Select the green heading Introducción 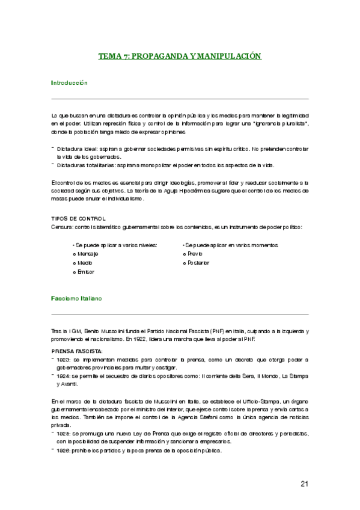pyautogui.click(x=69, y=82)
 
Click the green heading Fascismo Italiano pyautogui.click(x=76, y=298)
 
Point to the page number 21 pyautogui.click(x=304, y=484)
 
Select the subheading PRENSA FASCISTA pyautogui.click(x=77, y=351)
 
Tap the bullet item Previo pyautogui.click(x=195, y=254)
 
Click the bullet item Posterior pyautogui.click(x=198, y=263)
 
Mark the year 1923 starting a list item pyautogui.click(x=64, y=360)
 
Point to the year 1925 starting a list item pyautogui.click(x=64, y=432)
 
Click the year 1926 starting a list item pyautogui.click(x=64, y=450)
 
